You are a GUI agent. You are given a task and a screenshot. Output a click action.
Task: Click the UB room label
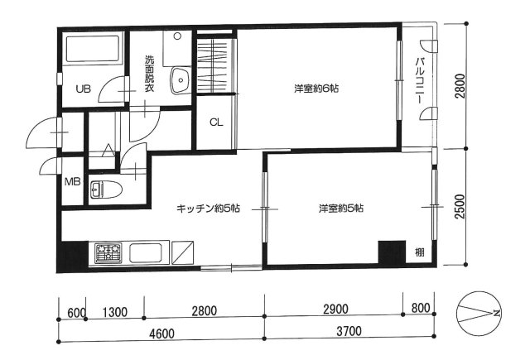pos(83,89)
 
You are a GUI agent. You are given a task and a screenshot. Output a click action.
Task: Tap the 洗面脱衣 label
pos(149,74)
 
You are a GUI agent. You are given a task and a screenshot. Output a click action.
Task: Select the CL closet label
pos(216,122)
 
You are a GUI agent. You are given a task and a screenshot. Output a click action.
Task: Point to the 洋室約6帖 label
pos(316,89)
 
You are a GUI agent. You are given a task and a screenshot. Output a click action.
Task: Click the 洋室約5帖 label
pos(340,208)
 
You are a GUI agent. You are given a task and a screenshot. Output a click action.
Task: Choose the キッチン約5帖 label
pos(208,209)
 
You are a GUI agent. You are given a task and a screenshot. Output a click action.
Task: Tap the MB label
pos(73,182)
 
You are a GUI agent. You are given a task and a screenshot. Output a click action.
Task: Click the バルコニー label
pos(420,80)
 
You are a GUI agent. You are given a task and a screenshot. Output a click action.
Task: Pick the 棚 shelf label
pos(420,252)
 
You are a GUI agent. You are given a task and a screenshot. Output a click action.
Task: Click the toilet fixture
pos(106,190)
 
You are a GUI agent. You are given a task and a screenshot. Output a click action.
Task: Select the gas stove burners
pos(108,253)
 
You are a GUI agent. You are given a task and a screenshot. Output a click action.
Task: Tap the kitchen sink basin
pos(146,253)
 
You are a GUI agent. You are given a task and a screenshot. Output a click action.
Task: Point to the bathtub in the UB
pos(92,49)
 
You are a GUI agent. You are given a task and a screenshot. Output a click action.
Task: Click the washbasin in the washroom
pos(181,80)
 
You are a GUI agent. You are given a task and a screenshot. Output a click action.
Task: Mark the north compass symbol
pos(478,314)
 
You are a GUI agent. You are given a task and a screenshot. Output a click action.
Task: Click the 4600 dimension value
pos(162,334)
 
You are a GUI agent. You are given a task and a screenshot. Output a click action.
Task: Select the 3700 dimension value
pos(349,331)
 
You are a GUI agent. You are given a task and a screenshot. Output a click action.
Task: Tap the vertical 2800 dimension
pos(460,86)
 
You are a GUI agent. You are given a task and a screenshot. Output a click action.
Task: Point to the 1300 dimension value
pos(115,312)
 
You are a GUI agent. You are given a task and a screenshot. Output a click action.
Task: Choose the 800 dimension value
pos(421,308)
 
